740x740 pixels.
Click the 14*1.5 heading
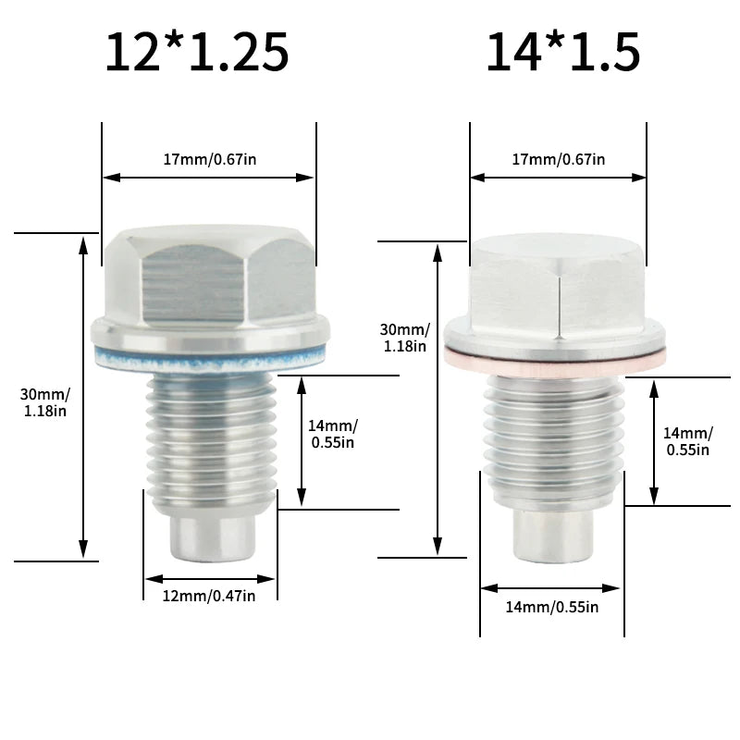click(562, 52)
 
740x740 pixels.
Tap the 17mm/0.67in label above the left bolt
click(210, 159)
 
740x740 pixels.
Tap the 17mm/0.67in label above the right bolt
click(559, 159)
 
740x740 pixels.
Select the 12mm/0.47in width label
click(209, 596)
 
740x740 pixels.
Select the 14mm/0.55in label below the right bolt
click(552, 607)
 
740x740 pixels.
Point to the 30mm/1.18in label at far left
click(43, 402)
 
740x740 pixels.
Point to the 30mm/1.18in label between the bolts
click(404, 338)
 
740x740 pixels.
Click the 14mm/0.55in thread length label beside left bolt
click(333, 433)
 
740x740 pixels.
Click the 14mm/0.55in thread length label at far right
click(687, 440)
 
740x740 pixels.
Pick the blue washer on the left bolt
click(211, 356)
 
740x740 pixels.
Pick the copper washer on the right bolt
click(555, 362)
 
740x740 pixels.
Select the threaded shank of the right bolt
click(553, 435)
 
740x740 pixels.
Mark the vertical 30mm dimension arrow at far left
click(84, 398)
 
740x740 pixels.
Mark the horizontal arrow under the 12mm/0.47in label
click(209, 579)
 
